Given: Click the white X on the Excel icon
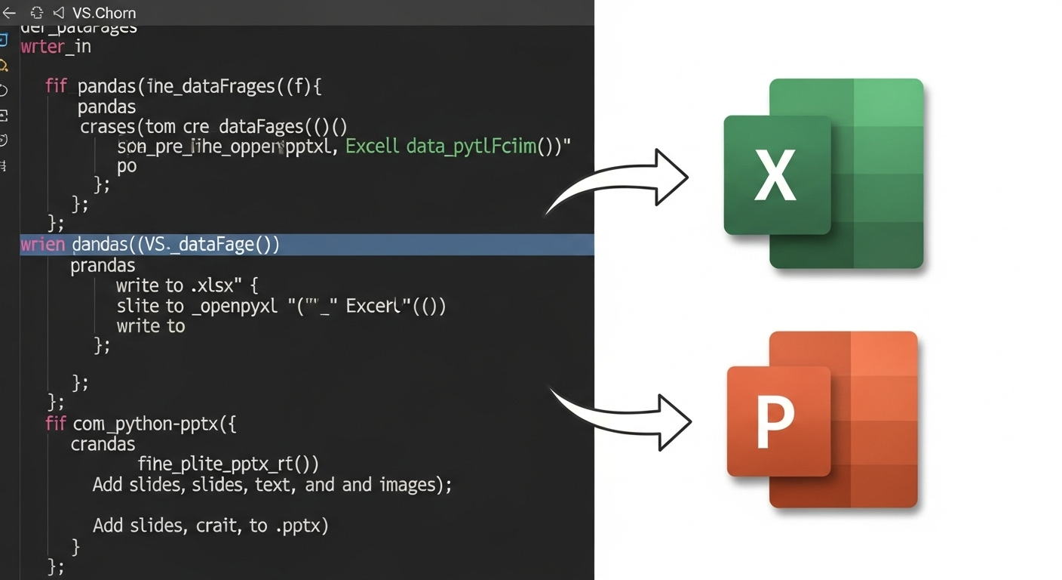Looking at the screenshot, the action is pos(775,175).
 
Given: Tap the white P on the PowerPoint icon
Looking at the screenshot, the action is pos(775,424).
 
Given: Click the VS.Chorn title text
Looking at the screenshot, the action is pos(104,13).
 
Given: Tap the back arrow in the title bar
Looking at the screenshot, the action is pos(9,13).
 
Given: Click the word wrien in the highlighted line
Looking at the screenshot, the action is pos(43,245).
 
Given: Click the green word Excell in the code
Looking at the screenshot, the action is pos(372,146).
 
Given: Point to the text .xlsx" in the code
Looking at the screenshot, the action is pos(214,285).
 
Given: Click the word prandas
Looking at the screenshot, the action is pos(103,265).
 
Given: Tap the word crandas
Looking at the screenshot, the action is pos(103,443).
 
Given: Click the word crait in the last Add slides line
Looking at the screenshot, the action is pos(216,525).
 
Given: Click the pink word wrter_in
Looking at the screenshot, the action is pos(56,46).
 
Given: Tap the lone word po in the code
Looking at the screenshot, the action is pos(127,165).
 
